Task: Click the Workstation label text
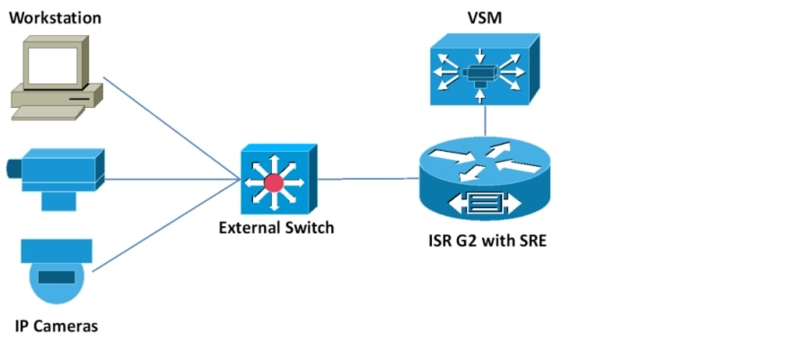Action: click(x=55, y=18)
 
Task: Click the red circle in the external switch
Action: click(x=274, y=183)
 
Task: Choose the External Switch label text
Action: click(x=276, y=228)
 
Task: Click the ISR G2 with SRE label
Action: click(x=484, y=241)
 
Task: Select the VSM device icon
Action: click(x=484, y=69)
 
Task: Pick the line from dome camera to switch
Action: click(x=166, y=228)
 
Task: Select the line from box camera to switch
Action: click(x=171, y=178)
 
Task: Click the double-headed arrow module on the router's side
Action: click(x=485, y=202)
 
